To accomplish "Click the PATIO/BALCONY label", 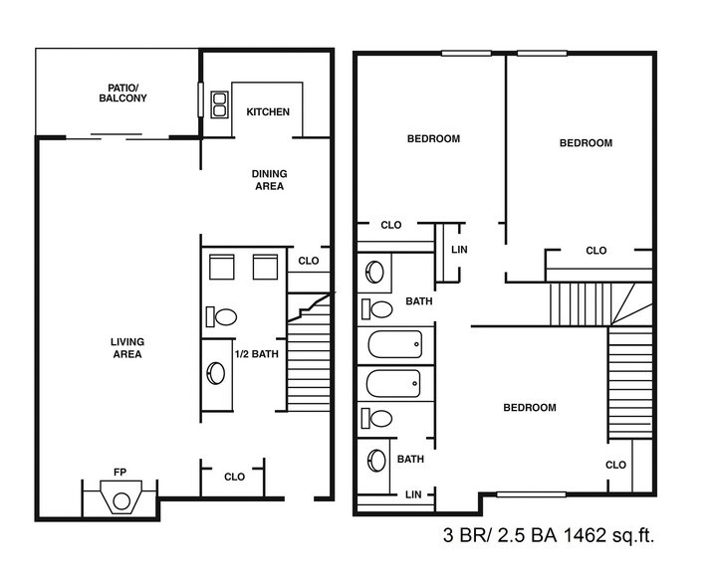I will pos(122,93).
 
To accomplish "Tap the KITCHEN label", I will pos(268,112).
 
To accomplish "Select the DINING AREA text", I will pos(268,179).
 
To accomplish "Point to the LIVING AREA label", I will pos(126,348).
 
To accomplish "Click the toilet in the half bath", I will pos(223,317).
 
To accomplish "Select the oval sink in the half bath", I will pos(216,373).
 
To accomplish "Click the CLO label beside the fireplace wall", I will pos(234,478).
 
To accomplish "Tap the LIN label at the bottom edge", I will pos(412,494).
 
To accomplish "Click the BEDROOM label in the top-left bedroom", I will pos(433,139).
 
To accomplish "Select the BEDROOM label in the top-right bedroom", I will pos(585,143).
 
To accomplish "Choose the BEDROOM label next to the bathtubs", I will pos(529,408).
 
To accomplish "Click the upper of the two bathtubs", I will pos(395,347).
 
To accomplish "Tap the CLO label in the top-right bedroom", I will pos(596,251).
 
